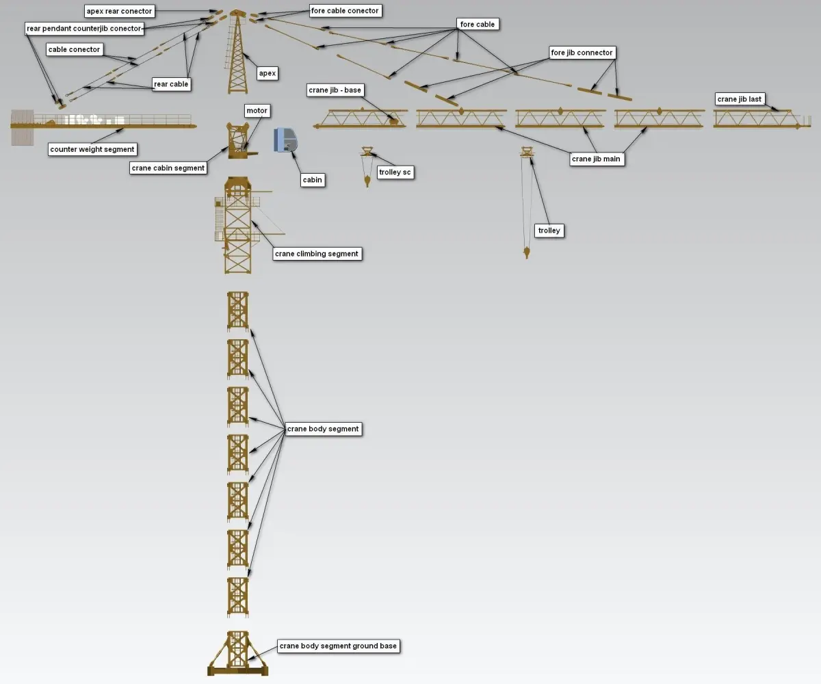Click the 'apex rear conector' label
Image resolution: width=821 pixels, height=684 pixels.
click(119, 12)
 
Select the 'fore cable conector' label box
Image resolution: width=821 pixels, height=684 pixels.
click(344, 11)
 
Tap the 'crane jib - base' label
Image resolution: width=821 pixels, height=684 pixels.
click(335, 90)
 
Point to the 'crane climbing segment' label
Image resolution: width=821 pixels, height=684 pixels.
click(316, 254)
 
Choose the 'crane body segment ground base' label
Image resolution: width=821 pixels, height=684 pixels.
click(338, 646)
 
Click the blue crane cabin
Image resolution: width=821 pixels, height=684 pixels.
click(286, 140)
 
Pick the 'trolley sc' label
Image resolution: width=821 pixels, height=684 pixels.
click(395, 172)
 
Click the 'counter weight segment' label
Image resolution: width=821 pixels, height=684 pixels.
click(92, 149)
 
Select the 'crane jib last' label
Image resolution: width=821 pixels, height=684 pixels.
click(739, 99)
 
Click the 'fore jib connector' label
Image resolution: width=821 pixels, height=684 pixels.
click(582, 53)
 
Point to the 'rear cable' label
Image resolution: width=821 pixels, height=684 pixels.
click(171, 84)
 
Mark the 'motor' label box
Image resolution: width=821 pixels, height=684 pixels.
click(257, 110)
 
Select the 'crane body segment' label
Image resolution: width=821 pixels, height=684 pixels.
click(322, 429)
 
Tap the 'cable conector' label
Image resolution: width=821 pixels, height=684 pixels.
click(74, 49)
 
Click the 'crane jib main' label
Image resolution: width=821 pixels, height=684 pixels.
click(596, 159)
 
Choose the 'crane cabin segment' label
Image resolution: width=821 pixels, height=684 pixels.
click(168, 168)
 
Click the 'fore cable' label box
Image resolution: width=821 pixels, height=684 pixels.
click(477, 25)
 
